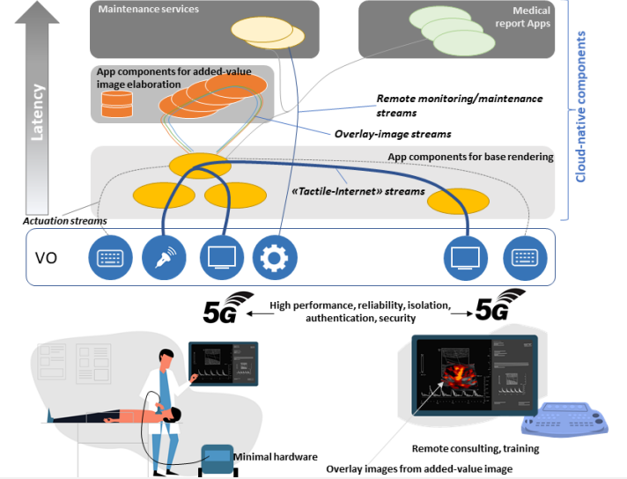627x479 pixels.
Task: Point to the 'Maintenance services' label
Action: pyautogui.click(x=149, y=10)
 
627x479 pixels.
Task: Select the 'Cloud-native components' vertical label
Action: pyautogui.click(x=581, y=107)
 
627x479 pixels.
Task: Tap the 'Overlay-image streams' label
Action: pyautogui.click(x=393, y=134)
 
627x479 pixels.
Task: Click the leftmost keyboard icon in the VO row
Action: pyautogui.click(x=109, y=257)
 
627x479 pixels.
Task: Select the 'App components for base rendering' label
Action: pyautogui.click(x=470, y=158)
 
